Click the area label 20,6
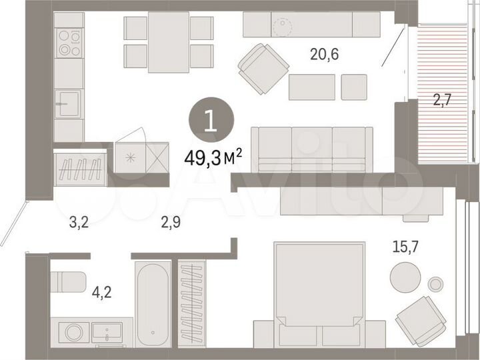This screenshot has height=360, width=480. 325,55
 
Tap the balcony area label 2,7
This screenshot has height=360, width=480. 443,102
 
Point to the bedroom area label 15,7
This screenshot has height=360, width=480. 406,247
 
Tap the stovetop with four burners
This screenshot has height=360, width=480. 69,43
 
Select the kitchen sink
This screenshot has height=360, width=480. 68,104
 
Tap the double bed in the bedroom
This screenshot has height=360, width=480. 320,293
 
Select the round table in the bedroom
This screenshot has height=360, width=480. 405,276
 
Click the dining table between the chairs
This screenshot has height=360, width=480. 169,41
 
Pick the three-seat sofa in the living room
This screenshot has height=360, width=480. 311,149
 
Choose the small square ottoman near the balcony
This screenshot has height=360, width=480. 353,87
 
